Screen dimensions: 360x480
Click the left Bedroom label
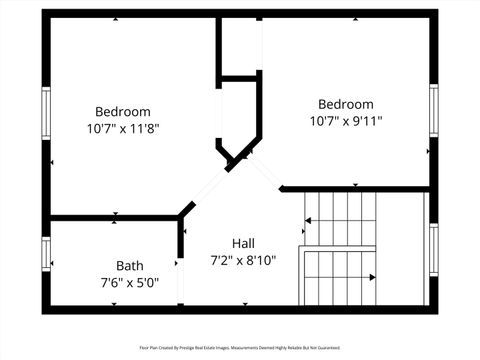(122, 111)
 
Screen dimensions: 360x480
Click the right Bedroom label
(345, 104)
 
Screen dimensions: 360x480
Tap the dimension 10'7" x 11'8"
(122, 128)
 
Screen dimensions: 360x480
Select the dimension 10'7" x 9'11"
(345, 121)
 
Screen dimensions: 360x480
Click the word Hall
(243, 243)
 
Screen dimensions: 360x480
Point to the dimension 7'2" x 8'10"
(243, 260)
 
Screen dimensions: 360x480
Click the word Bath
(129, 265)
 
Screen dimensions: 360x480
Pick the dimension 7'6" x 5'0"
(129, 282)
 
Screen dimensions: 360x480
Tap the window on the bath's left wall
(45, 252)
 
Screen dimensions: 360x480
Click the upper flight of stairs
(340, 214)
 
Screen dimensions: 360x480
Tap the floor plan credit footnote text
(239, 348)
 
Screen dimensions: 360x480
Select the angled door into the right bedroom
(266, 171)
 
